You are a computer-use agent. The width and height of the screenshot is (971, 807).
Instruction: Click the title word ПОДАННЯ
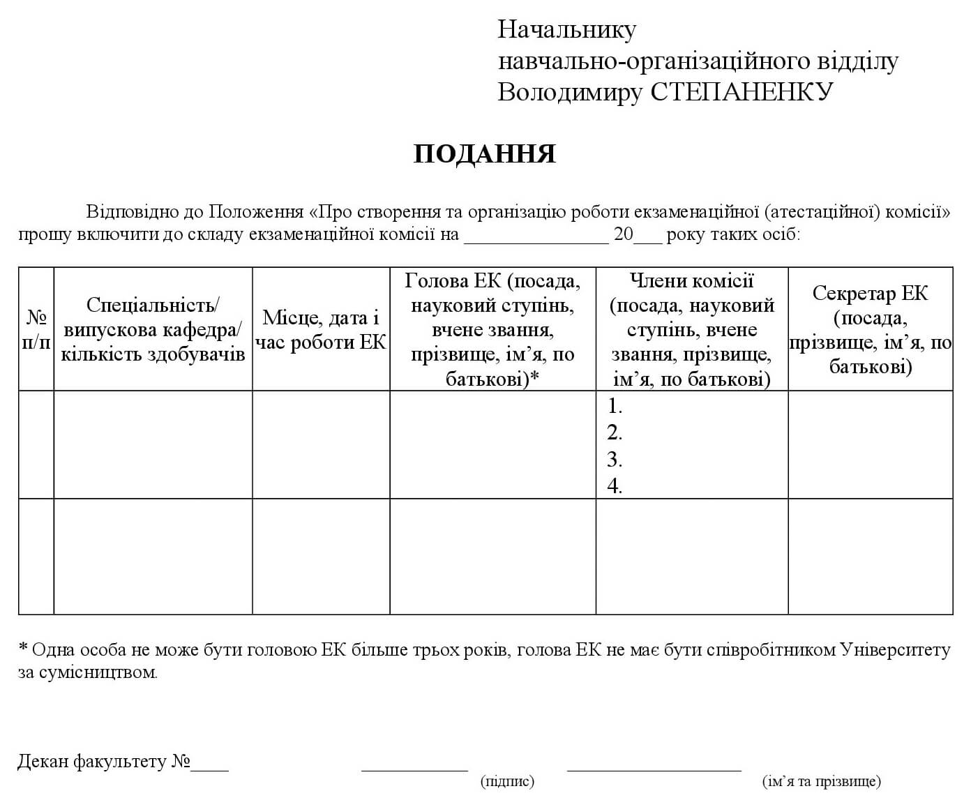coord(484,154)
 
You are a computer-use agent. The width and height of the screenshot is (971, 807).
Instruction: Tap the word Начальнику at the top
coord(566,30)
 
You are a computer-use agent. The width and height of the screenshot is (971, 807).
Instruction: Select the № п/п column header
coord(36,329)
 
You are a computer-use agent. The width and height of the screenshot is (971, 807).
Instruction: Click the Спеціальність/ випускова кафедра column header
coord(153,329)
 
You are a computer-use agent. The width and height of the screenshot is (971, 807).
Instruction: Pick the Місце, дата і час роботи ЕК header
coord(321,329)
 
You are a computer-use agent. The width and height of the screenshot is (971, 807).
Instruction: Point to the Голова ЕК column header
coord(492,329)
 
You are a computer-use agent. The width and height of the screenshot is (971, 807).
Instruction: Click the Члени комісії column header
coord(691,329)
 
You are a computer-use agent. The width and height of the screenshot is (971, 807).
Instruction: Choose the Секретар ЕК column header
coord(870,329)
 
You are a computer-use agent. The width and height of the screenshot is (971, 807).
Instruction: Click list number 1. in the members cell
coord(615,406)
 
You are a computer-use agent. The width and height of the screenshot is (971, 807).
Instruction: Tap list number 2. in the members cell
coord(615,433)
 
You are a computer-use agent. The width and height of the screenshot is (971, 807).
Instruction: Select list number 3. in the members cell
coord(615,460)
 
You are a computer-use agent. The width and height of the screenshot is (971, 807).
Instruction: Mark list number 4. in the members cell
coord(615,486)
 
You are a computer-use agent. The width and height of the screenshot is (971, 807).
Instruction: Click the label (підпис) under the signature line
coord(507,781)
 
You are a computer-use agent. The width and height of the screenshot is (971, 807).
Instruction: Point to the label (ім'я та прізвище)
coord(821,781)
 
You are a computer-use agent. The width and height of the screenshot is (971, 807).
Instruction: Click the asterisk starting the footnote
coord(23,649)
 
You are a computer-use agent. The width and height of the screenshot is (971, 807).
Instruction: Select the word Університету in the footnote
coord(896,650)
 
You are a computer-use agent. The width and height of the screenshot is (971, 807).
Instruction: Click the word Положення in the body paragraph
coord(256,212)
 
